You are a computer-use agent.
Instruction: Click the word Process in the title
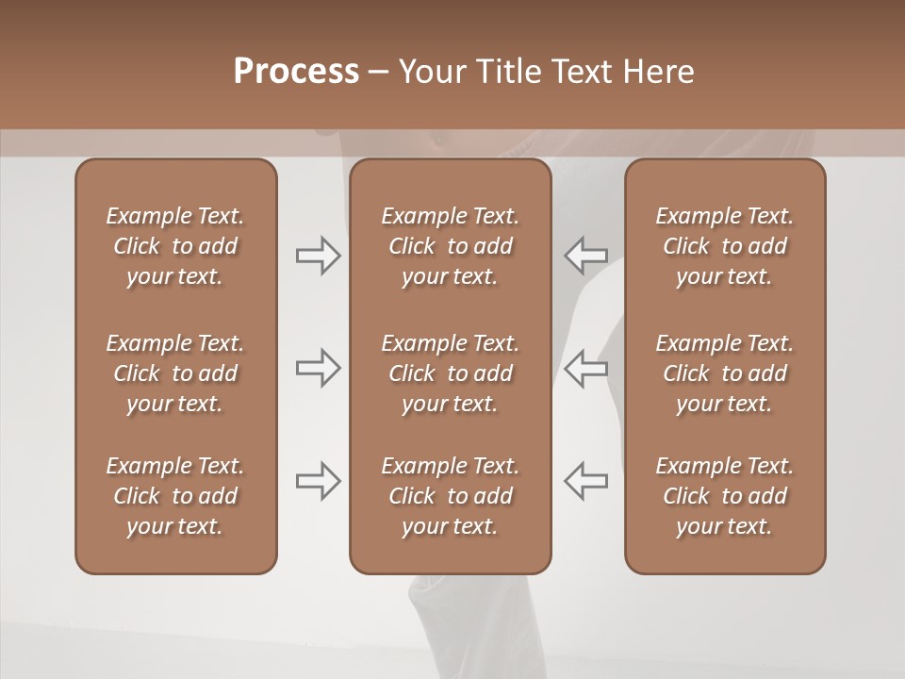[x=296, y=72]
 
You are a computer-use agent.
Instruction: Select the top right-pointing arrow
[x=319, y=256]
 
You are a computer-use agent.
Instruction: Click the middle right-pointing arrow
[x=319, y=368]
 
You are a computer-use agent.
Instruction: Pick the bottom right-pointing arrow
[x=319, y=481]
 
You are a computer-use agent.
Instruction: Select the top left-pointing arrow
[x=585, y=256]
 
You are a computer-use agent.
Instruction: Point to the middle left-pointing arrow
[x=585, y=368]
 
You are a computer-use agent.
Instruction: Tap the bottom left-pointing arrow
[x=585, y=481]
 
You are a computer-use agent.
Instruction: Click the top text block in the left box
[x=175, y=246]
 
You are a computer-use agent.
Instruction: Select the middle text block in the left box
[x=175, y=373]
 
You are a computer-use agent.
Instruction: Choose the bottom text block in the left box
[x=175, y=496]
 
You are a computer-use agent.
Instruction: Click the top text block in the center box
[x=451, y=246]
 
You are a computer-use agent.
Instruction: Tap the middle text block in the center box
[x=451, y=373]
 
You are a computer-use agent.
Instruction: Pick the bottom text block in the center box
[x=451, y=496]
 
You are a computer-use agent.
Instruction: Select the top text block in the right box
[x=725, y=246]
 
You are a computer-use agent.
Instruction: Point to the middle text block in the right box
[x=725, y=373]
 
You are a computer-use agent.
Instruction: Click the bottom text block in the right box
[x=725, y=496]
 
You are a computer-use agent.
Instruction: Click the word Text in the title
[x=582, y=72]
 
